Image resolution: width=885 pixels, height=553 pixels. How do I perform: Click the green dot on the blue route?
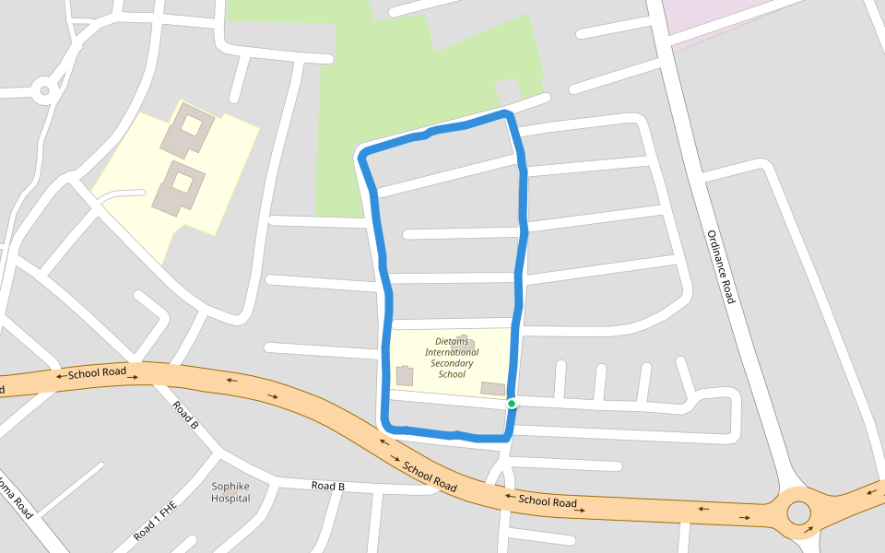[x=512, y=404]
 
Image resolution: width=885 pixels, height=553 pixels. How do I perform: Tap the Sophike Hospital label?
[x=230, y=492]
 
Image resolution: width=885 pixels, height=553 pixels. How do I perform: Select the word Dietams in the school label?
[x=452, y=341]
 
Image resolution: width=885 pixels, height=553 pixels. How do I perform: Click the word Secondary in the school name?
[x=452, y=363]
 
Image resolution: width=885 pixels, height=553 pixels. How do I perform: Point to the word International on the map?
[x=452, y=352]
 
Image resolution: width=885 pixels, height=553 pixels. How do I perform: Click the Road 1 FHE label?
[x=154, y=520]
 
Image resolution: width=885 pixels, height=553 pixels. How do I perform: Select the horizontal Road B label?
[x=327, y=486]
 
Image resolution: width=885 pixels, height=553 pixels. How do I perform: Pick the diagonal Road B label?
[x=185, y=416]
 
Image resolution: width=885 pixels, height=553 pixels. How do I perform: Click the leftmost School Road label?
[x=97, y=373]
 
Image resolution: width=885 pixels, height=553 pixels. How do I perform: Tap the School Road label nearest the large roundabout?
[x=548, y=501]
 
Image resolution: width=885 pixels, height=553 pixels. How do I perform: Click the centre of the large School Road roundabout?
[x=798, y=512]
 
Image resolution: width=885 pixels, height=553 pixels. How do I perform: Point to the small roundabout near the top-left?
[x=43, y=90]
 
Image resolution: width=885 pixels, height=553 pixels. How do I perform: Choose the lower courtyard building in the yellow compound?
[x=179, y=187]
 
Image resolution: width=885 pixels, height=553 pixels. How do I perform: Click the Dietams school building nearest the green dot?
[x=493, y=389]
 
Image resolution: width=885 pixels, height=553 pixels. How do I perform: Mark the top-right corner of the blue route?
[x=506, y=114]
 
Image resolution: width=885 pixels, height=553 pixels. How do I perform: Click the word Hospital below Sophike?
[x=230, y=499]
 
